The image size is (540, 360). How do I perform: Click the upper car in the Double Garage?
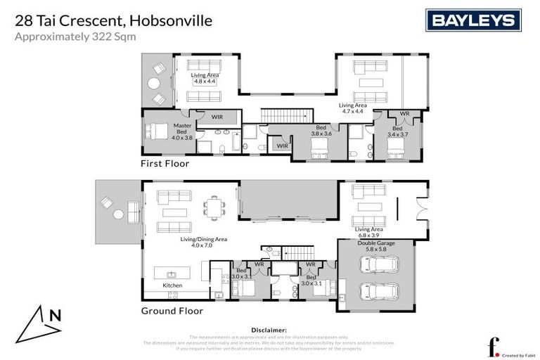pyautogui.click(x=379, y=266)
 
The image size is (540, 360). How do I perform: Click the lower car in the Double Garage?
pyautogui.click(x=379, y=290)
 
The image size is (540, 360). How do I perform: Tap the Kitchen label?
pyautogui.click(x=172, y=285)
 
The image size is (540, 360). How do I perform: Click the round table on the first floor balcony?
pyautogui.click(x=153, y=83)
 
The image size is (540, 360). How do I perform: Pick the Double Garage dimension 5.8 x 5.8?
pyautogui.click(x=376, y=249)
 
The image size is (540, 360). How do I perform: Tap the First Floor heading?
pyautogui.click(x=165, y=163)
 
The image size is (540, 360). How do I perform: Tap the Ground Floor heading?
pyautogui.click(x=172, y=311)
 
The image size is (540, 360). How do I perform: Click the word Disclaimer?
pyautogui.click(x=269, y=329)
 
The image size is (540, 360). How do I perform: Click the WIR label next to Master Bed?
pyautogui.click(x=217, y=116)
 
